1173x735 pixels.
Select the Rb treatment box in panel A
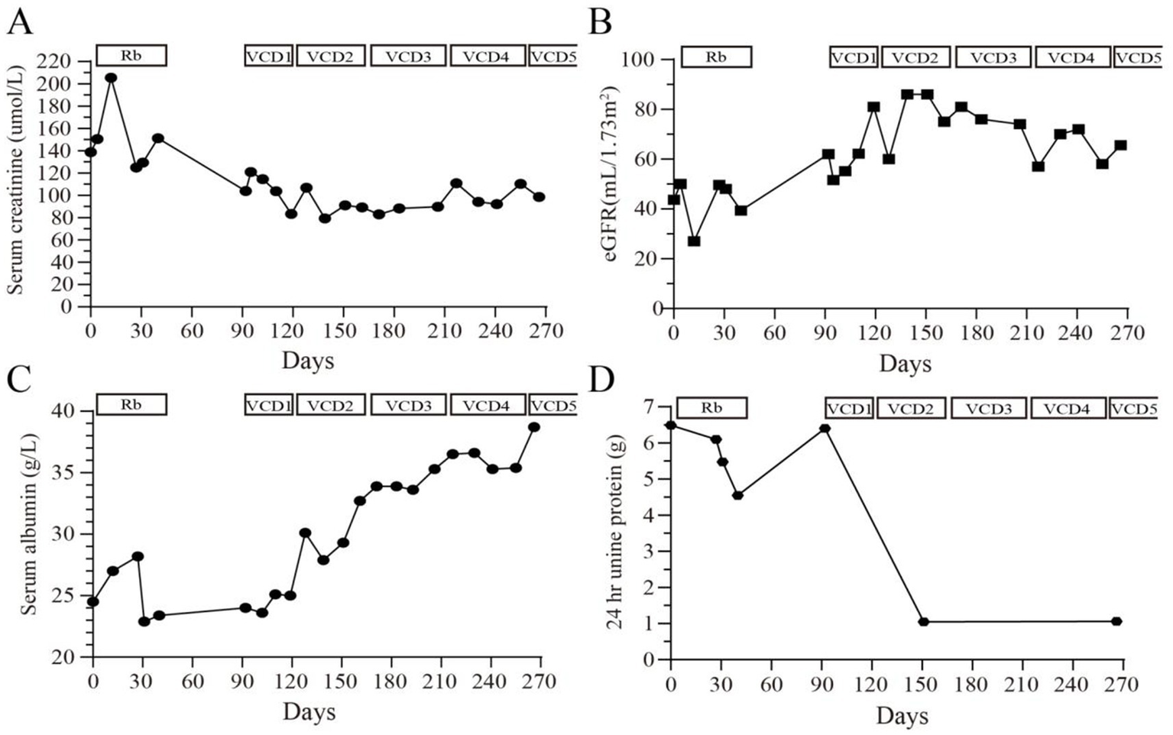[x=131, y=56]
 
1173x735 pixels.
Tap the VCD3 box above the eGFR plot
[x=994, y=57]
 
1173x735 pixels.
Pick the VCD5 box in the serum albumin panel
[x=553, y=405]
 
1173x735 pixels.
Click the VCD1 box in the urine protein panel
[x=848, y=409]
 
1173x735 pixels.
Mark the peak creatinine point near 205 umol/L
[x=111, y=78]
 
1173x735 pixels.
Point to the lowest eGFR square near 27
[x=694, y=241]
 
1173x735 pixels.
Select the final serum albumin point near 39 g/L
[x=534, y=427]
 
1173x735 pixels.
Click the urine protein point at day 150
[x=923, y=622]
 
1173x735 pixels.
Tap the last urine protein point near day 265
[x=1116, y=621]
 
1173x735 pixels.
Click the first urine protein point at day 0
[x=671, y=426]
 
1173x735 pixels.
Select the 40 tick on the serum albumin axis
[x=70, y=411]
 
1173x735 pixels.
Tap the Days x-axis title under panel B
[x=905, y=364]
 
